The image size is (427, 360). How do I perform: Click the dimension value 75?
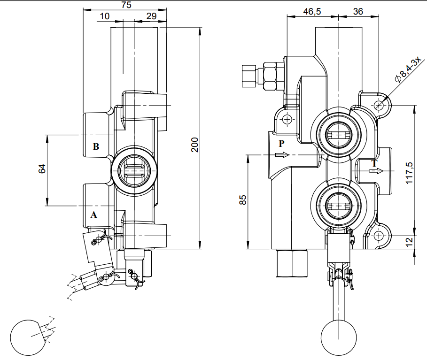126,5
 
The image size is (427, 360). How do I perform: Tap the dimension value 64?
41,169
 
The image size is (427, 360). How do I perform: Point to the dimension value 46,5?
312,12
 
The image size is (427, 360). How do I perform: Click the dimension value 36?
357,12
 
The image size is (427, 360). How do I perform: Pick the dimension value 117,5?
408,172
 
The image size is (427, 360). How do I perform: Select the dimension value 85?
242,200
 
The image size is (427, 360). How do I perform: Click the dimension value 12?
409,242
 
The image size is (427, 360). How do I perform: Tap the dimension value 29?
151,16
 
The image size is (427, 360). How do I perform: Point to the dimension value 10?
105,16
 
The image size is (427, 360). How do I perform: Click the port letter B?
96,146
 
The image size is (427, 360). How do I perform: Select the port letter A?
93,215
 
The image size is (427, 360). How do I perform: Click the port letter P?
281,144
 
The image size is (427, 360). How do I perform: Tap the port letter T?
374,163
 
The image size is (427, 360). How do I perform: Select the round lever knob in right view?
339,337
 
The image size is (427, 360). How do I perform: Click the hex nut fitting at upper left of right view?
271,75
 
